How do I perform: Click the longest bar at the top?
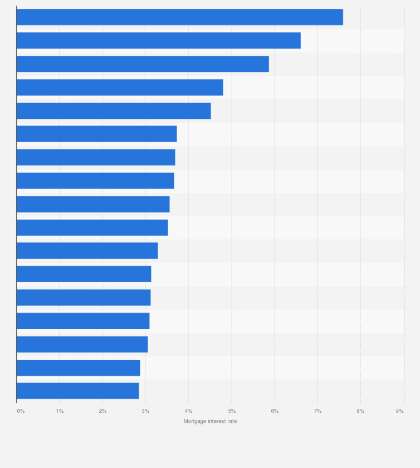(179, 17)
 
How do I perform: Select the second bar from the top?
(158, 41)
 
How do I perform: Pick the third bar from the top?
(143, 64)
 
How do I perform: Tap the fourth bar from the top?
(120, 88)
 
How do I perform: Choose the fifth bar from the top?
(114, 111)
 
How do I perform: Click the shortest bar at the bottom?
(77, 390)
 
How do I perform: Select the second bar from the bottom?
(78, 368)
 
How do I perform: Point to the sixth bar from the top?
(96, 134)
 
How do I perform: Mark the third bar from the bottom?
(82, 344)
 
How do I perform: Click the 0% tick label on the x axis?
(21, 411)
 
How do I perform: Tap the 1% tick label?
(60, 411)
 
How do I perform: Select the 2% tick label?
(102, 411)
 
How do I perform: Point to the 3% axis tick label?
(145, 411)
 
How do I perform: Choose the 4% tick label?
(188, 411)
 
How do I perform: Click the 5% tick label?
(232, 411)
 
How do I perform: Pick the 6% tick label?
(275, 411)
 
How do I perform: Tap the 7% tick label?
(318, 411)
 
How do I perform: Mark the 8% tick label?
(360, 411)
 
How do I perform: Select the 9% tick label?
(399, 411)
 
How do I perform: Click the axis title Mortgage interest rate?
(210, 421)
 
